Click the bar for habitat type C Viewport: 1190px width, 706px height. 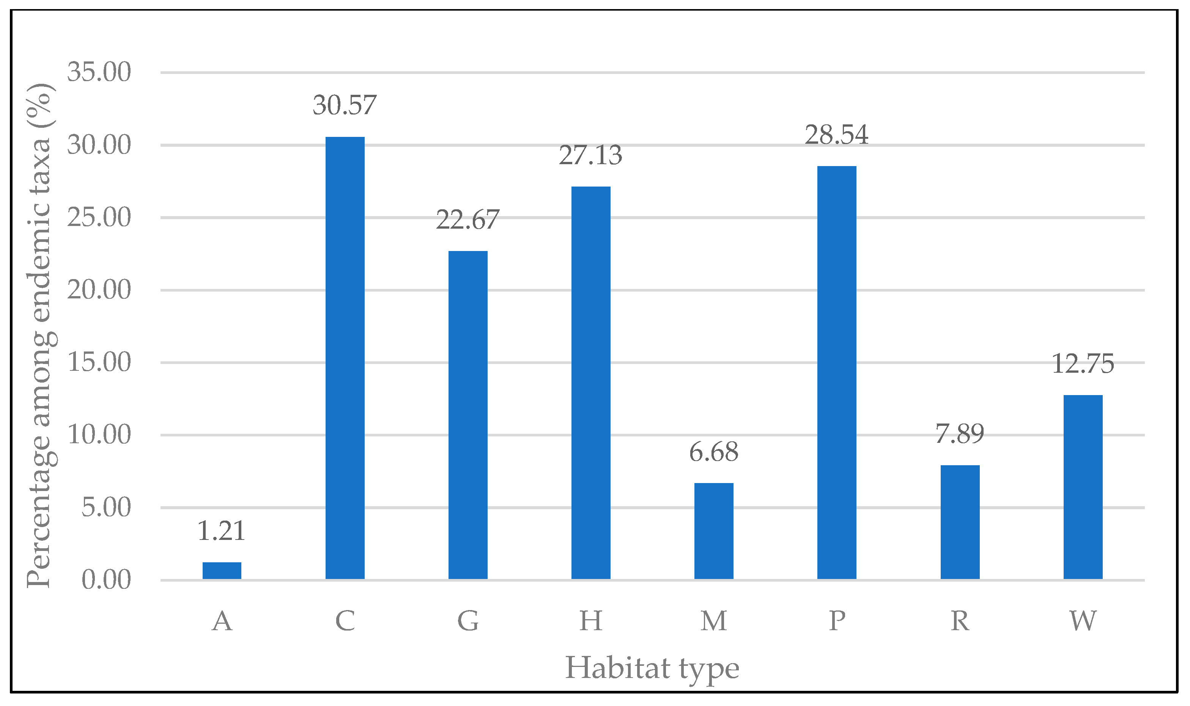tap(345, 358)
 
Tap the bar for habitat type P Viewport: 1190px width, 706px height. tap(837, 372)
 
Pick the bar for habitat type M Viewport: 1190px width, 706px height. tap(714, 531)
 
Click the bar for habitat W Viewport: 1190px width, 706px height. tap(1083, 487)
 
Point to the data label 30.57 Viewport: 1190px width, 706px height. tap(345, 105)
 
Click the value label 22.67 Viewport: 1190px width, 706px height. tap(467, 220)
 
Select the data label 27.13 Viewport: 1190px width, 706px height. tap(591, 155)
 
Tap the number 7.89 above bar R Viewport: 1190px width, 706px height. tap(960, 433)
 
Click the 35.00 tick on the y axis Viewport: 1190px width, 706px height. tap(99, 72)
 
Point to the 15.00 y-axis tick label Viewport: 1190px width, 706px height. tap(99, 362)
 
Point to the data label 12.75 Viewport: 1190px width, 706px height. tap(1083, 364)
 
